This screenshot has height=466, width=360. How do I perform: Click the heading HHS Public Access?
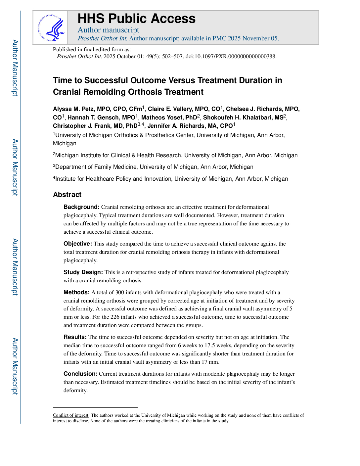[x=136, y=19]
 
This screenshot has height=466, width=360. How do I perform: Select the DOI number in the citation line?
[x=231, y=56]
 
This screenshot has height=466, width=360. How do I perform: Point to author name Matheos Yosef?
[x=169, y=117]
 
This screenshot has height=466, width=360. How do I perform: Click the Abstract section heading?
[x=67, y=195]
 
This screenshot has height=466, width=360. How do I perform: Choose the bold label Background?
[x=81, y=207]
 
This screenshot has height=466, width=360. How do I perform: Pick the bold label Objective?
[x=77, y=244]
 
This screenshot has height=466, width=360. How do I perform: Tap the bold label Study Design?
[x=83, y=272]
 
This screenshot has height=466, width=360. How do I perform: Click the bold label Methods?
[x=76, y=292]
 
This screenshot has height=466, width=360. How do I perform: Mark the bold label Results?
[x=75, y=337]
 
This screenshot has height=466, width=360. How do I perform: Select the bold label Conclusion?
[x=80, y=374]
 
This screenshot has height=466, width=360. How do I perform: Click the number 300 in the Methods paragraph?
[x=119, y=292]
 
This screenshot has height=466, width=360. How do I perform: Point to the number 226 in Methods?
[x=115, y=317]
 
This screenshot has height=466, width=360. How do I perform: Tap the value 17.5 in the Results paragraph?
[x=210, y=345]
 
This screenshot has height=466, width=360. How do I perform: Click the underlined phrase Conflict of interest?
[x=71, y=415]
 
